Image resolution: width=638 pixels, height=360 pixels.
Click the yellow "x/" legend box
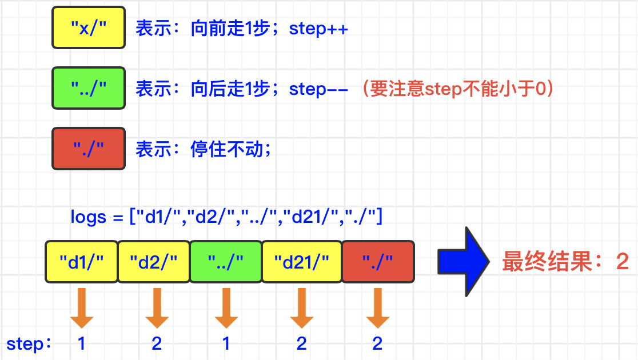pos(89,27)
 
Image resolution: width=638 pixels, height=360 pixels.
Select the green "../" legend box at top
pos(89,88)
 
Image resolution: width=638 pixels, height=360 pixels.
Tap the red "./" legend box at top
pos(89,149)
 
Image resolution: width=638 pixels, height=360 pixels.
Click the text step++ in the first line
pos(318,29)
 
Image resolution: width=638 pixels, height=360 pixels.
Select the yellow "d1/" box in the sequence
pos(82,262)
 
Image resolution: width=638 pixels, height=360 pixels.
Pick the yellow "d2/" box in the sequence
pos(154,262)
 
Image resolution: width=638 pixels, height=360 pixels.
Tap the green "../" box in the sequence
pos(226,262)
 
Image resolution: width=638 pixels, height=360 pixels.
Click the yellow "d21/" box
pos(302,262)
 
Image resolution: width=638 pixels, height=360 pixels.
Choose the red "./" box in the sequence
pos(378,262)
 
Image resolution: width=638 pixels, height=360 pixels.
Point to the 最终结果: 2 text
pos(565,262)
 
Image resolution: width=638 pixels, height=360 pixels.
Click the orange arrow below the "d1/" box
pos(82,307)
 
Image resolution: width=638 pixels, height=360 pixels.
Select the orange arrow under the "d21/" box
pos(302,307)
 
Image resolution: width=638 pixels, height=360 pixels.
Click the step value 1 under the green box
pos(226,343)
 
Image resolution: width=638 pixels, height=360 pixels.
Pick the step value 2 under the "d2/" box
pos(156,343)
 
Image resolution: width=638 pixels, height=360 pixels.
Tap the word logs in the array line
pos(89,217)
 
